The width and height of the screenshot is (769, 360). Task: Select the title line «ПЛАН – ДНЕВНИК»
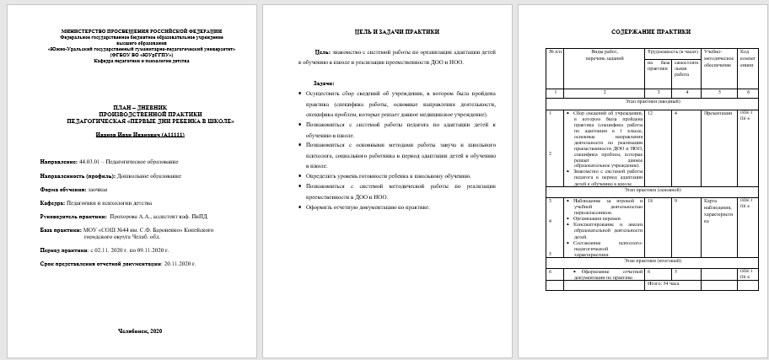[141, 106]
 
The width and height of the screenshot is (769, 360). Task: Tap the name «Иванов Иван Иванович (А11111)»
[141, 133]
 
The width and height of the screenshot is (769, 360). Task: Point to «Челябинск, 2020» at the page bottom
[141, 331]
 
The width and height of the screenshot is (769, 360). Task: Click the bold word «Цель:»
[321, 52]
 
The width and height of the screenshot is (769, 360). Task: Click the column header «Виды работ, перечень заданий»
[604, 56]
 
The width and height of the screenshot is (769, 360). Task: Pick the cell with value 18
[650, 201]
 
